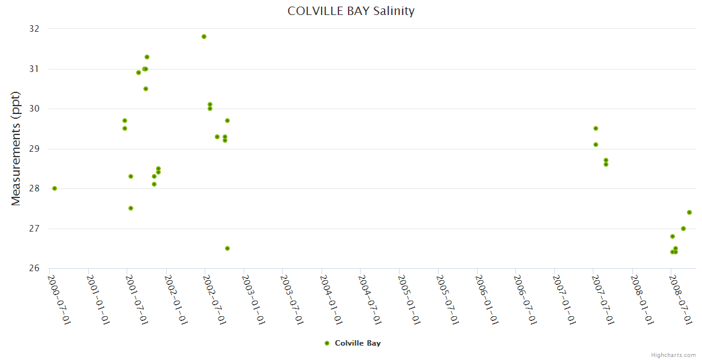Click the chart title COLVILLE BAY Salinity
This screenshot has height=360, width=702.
(x=351, y=11)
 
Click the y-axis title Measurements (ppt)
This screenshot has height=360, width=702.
(x=16, y=149)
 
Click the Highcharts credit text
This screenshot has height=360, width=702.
(x=673, y=355)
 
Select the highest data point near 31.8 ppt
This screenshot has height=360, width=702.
(x=204, y=37)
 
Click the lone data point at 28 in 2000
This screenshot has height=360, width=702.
(x=55, y=188)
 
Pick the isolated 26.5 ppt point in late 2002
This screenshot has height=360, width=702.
(x=227, y=248)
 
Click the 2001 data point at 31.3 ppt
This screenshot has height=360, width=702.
(x=147, y=57)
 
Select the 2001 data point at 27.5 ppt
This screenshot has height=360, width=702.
(x=131, y=208)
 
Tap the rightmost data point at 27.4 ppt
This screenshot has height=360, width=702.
(x=689, y=212)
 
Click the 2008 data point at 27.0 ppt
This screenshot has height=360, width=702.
(x=683, y=229)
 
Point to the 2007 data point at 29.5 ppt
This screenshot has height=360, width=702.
(x=596, y=128)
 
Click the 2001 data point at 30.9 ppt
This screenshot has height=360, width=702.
(x=139, y=73)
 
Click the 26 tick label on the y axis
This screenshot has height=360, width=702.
(x=34, y=268)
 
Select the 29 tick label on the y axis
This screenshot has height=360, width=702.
(x=34, y=149)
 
